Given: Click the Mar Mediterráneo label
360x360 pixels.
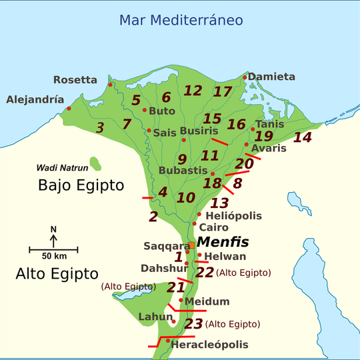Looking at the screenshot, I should [181, 20].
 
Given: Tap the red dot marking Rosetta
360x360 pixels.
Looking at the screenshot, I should [111, 85].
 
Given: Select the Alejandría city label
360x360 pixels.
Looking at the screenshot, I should [35, 100].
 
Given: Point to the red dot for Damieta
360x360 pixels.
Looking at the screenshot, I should [245, 78].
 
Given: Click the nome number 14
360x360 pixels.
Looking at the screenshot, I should [302, 137].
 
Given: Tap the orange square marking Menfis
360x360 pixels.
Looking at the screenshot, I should [191, 246].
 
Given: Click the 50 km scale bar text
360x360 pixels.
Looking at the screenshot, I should [53, 257].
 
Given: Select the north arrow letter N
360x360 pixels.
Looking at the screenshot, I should [53, 229].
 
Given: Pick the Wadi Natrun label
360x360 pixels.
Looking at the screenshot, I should [62, 168].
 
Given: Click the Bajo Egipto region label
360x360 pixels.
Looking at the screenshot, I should [81, 185].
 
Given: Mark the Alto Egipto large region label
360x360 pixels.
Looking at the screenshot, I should [57, 273].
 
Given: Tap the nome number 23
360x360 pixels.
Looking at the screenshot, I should [193, 324].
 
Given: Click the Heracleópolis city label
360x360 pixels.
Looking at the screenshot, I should [209, 345].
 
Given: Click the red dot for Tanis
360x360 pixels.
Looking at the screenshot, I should [253, 129].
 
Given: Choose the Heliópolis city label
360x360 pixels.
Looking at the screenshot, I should [234, 216].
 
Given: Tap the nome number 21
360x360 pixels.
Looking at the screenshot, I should [175, 287].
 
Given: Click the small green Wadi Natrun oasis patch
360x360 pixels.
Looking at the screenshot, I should [96, 164].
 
